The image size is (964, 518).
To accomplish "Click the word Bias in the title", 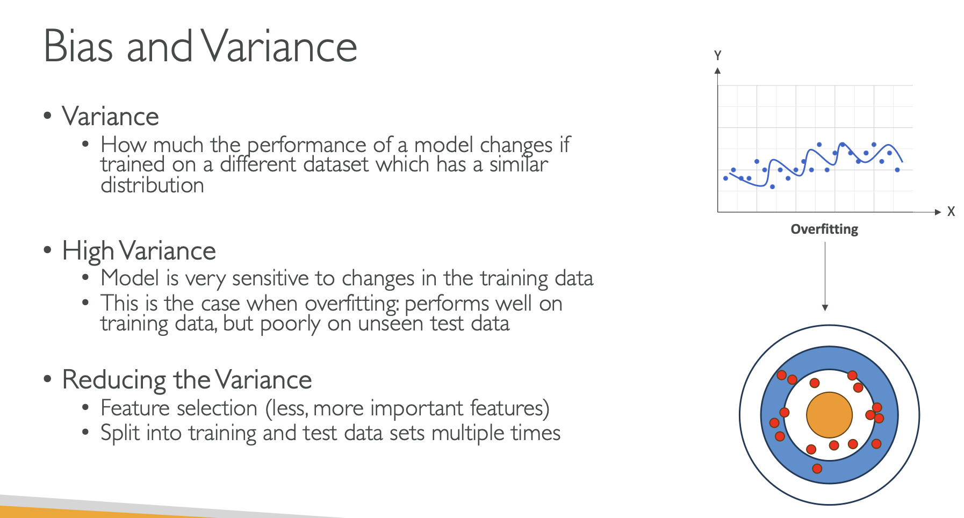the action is (x=78, y=46).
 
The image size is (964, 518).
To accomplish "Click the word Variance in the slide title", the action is (x=279, y=46).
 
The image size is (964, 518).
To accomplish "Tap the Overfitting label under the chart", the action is (x=824, y=229).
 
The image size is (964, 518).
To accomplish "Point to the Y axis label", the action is (x=717, y=55).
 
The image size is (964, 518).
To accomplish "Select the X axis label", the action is (x=951, y=211).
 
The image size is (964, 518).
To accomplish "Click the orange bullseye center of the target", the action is (x=829, y=415).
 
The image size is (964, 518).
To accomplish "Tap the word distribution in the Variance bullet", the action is (x=152, y=185).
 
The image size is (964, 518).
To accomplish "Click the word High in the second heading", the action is (x=88, y=251).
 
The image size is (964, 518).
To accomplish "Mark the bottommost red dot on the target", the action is (x=817, y=469).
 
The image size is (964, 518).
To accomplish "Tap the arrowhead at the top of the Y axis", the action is (x=717, y=70).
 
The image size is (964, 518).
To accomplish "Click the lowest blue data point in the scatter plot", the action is (x=772, y=187).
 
